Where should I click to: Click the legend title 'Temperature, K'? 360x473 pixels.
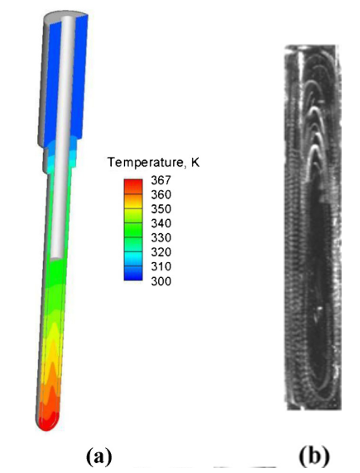click(154, 163)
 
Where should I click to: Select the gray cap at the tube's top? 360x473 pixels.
click(63, 15)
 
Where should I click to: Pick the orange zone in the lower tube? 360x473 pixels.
click(48, 389)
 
